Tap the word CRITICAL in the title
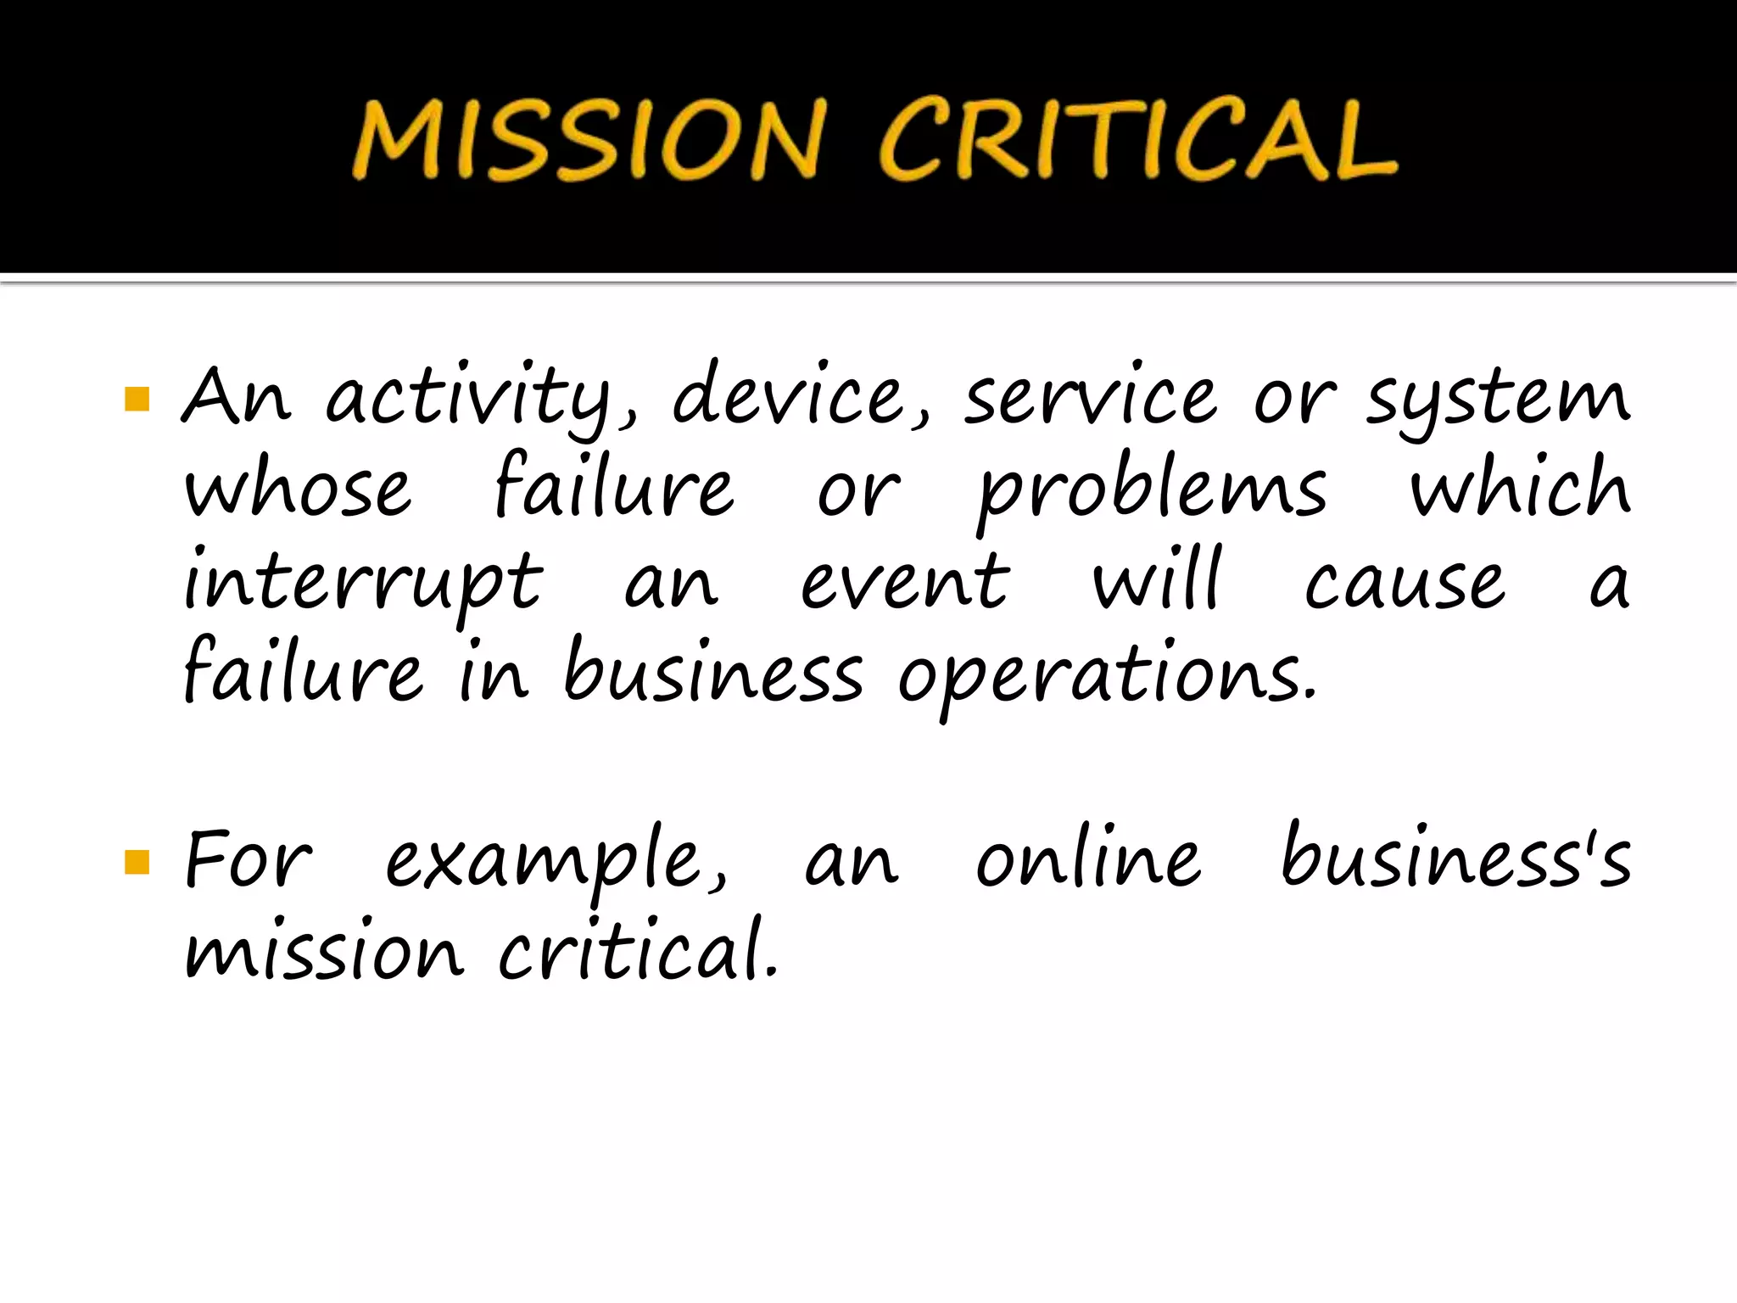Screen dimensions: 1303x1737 click(x=1137, y=139)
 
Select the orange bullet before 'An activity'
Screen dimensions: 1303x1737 click(x=137, y=399)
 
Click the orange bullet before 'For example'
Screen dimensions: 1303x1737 click(x=137, y=863)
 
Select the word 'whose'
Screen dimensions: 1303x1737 click(x=298, y=489)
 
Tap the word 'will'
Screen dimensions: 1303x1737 click(x=1158, y=580)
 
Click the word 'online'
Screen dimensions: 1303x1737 click(x=1088, y=858)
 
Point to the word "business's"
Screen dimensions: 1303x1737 click(x=1455, y=858)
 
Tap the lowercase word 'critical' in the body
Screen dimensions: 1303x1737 click(x=637, y=950)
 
